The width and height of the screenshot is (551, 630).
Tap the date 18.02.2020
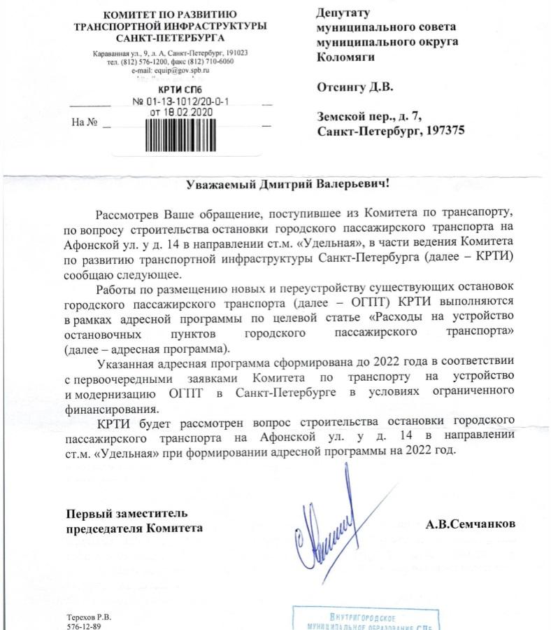[x=182, y=111]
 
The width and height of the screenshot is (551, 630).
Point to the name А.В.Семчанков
[x=471, y=523]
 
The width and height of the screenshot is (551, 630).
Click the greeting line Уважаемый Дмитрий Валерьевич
[x=287, y=184]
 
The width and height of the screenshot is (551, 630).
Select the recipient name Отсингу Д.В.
[x=355, y=87]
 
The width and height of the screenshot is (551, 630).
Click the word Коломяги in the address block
[x=344, y=57]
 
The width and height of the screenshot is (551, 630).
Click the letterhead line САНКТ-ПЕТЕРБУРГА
[x=170, y=38]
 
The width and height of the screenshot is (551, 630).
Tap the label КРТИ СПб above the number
[x=180, y=90]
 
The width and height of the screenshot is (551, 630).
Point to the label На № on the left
[x=84, y=123]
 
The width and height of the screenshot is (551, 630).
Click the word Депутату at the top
[x=343, y=13]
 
